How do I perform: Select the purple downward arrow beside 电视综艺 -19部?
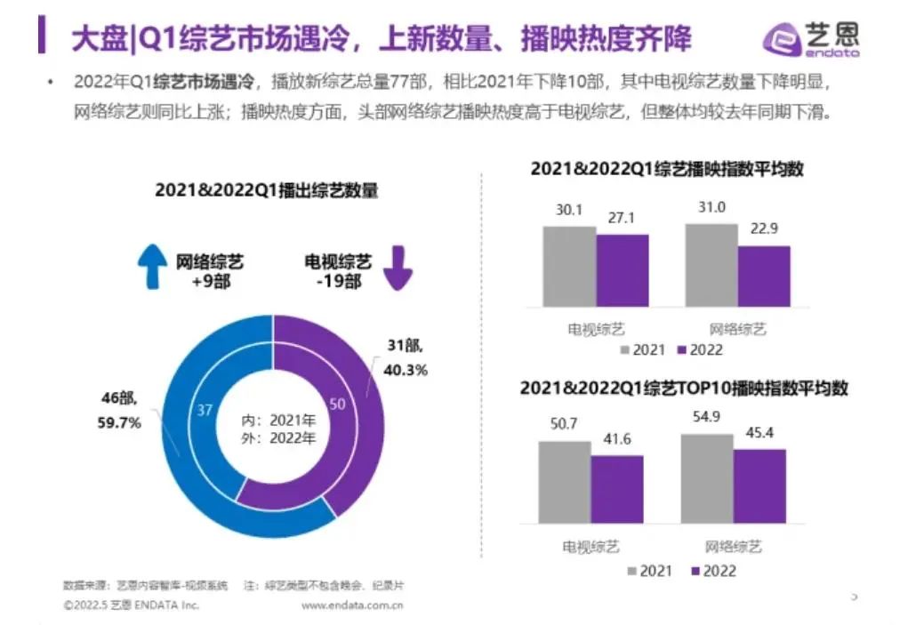point(396,269)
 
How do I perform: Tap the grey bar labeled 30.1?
point(569,266)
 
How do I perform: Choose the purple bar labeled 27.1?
point(623,270)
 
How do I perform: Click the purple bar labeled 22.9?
point(764,276)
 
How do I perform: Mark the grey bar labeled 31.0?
point(711,265)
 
